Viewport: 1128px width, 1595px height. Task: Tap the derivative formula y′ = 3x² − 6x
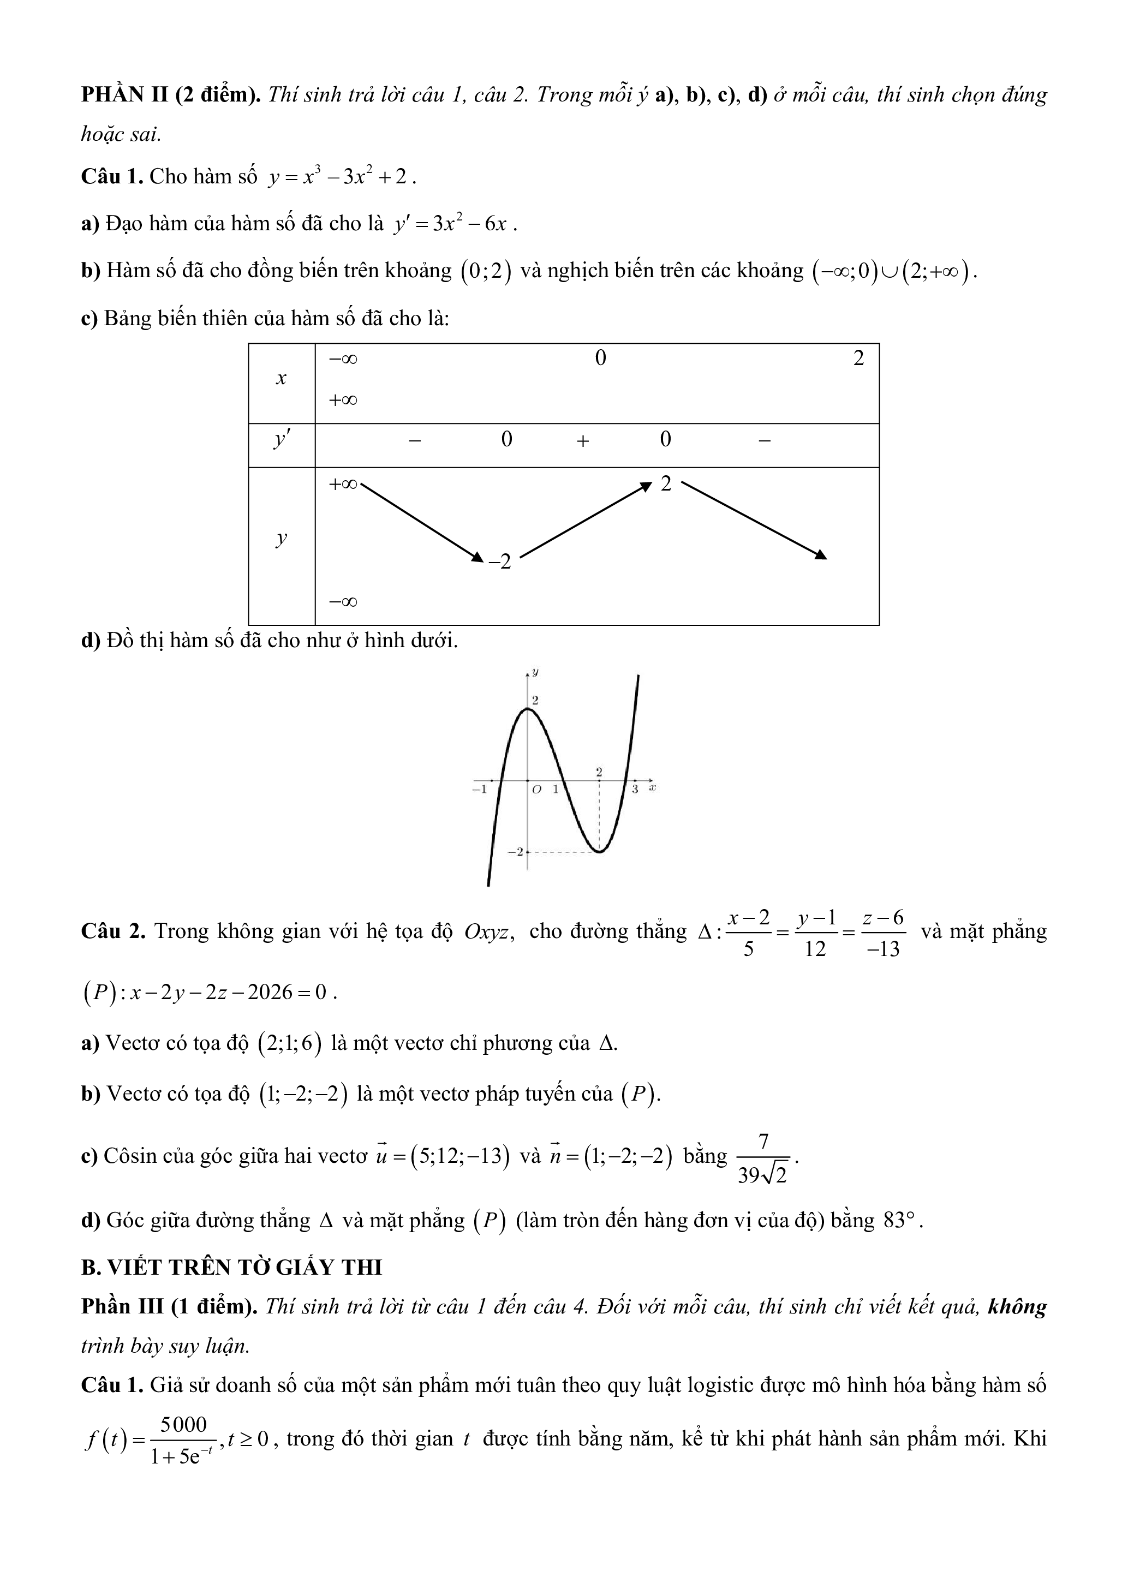(454, 224)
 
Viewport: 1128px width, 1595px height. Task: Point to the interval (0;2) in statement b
(486, 271)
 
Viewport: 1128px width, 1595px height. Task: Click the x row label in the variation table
(281, 379)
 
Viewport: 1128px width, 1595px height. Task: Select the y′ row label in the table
(281, 440)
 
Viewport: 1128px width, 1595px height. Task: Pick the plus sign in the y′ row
(583, 440)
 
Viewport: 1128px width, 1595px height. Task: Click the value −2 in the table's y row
(499, 561)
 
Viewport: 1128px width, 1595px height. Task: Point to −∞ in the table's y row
(343, 601)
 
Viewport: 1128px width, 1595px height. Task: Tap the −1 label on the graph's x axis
(479, 790)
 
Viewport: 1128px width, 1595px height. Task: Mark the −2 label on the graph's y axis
(515, 852)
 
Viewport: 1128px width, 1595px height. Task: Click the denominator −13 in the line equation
(883, 949)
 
